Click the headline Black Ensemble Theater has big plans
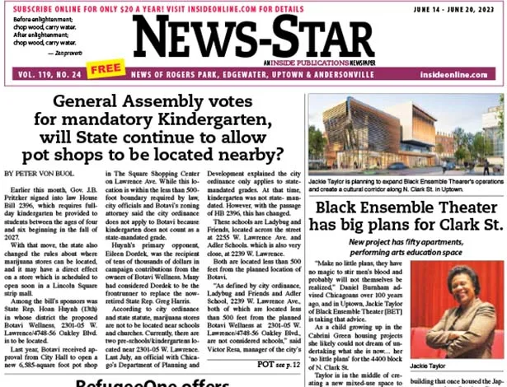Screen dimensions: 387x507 click(x=407, y=216)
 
